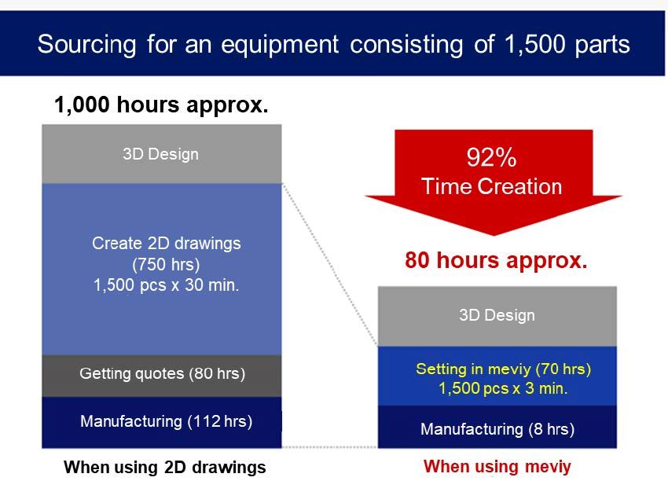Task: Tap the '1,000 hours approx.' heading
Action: (161, 105)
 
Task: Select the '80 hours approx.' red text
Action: (496, 260)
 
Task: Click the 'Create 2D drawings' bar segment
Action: (162, 270)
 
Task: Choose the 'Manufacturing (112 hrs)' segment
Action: (162, 423)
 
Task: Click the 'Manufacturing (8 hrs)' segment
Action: (497, 427)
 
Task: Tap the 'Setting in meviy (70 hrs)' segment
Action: (497, 376)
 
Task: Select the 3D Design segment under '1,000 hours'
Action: (162, 154)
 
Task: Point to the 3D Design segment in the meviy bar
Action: (497, 316)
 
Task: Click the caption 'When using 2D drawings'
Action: (165, 468)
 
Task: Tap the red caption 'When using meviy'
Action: (497, 466)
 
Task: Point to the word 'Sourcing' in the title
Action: (87, 45)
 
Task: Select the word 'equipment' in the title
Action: (280, 45)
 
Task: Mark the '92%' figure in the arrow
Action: (492, 157)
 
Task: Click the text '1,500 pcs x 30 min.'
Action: (166, 285)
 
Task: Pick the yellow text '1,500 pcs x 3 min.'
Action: (503, 388)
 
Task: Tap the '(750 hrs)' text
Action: (166, 265)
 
